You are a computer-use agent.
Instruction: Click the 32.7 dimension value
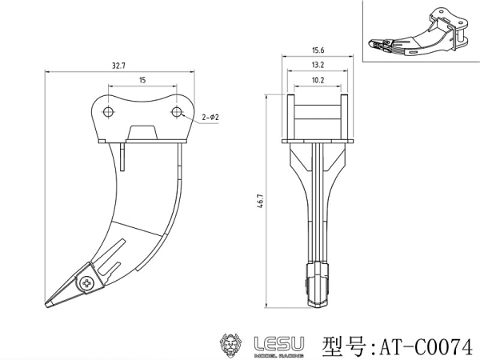[118, 66]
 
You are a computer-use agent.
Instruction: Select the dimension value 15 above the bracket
[142, 80]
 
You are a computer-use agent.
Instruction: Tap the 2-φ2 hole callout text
[210, 117]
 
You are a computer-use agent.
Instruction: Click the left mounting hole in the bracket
[108, 112]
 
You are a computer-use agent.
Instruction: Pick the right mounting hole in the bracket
[177, 112]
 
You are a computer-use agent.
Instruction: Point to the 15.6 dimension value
[318, 50]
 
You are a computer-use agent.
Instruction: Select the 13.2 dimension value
[318, 65]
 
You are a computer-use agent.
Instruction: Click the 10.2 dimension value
[318, 80]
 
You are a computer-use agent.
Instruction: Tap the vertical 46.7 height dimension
[261, 201]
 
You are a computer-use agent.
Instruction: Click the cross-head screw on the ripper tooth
[86, 283]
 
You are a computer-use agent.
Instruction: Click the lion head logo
[231, 345]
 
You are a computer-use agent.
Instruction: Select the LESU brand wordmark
[279, 344]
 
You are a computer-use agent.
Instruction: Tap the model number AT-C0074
[426, 347]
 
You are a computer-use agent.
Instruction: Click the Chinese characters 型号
[344, 347]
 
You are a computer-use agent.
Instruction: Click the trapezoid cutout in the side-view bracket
[142, 132]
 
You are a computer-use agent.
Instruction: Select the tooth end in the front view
[318, 285]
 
